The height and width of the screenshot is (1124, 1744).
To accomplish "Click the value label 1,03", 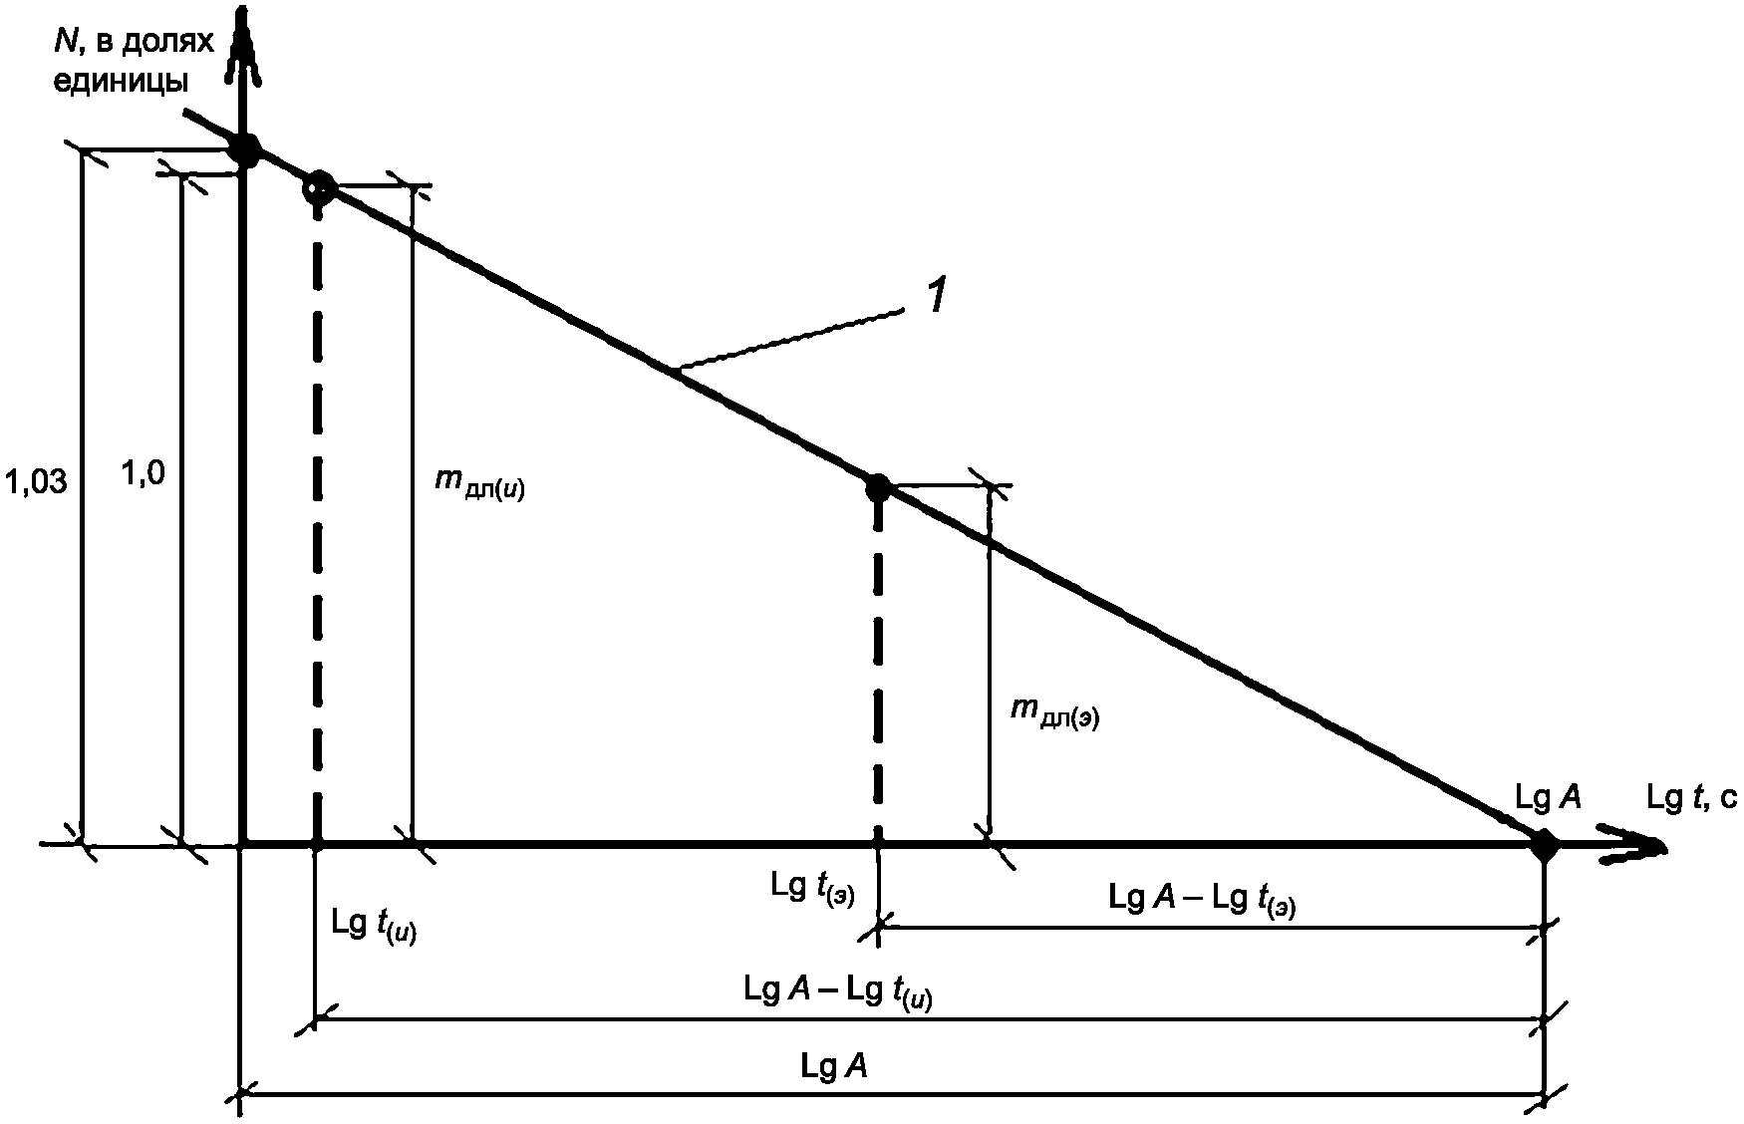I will point(36,483).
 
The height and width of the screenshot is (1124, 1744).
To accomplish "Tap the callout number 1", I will point(937,298).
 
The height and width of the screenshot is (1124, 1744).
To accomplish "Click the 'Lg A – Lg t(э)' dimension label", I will point(1202,899).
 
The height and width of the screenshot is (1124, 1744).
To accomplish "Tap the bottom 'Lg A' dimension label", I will point(833,1067).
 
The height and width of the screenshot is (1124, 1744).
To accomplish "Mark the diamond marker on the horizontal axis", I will point(1544,846).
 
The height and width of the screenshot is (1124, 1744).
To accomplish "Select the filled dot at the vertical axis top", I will point(245,150).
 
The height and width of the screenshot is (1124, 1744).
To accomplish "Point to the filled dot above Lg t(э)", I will point(878,488).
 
